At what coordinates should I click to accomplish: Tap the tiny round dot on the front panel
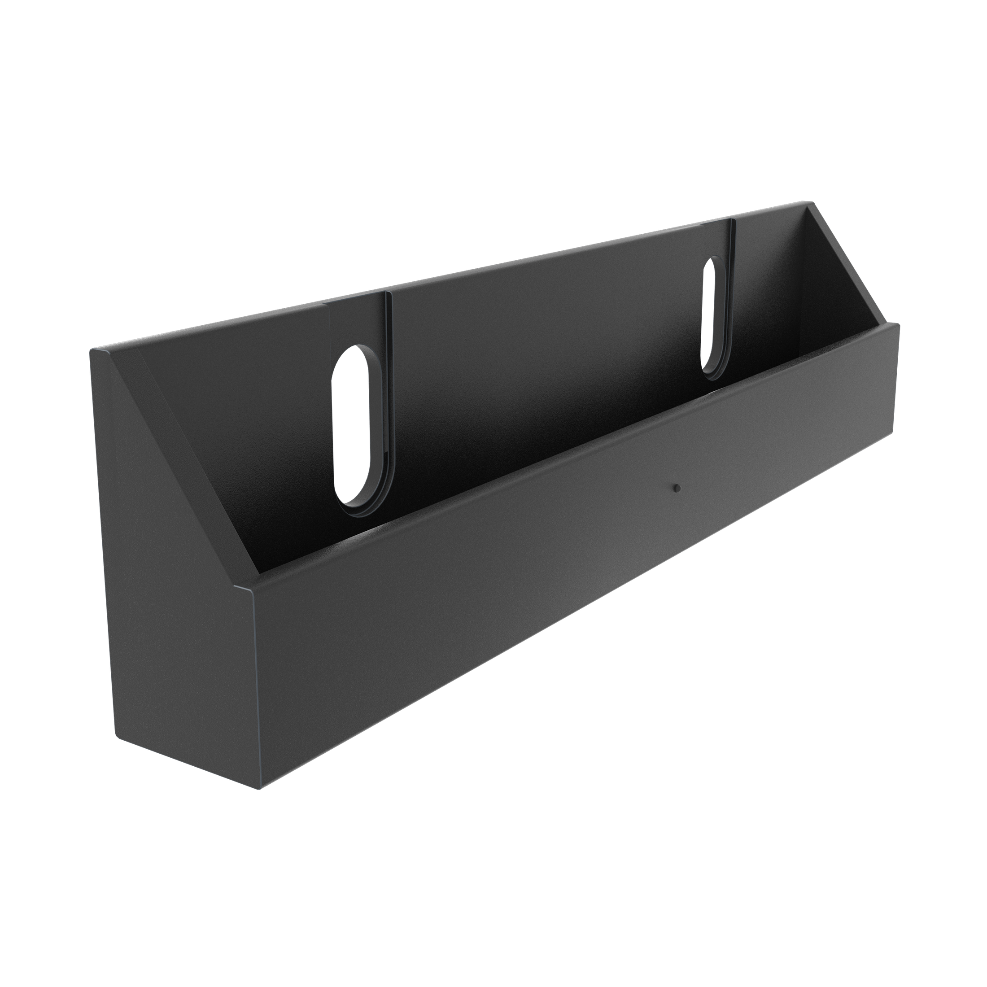(x=676, y=489)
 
